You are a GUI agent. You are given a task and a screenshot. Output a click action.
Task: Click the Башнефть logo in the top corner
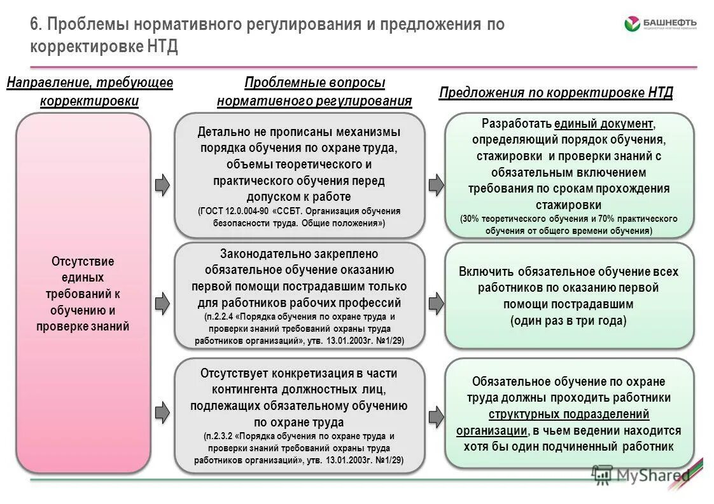pos(660,25)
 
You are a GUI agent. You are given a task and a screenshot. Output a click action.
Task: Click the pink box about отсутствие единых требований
pos(83,293)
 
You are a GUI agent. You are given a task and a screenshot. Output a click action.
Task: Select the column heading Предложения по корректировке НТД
pos(556,93)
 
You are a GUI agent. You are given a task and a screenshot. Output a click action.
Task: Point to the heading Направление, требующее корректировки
pos(90,92)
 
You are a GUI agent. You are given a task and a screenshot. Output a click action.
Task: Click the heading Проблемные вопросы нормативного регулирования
pos(314,92)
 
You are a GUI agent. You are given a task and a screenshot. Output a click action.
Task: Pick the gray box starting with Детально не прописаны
pos(299,175)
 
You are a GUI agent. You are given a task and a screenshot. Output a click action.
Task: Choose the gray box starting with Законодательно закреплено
pos(299,296)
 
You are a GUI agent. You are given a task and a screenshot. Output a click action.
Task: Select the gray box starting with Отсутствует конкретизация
pos(299,416)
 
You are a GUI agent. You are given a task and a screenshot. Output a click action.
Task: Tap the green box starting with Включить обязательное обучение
pos(569,296)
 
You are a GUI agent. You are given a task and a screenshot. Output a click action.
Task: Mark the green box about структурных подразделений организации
pos(569,413)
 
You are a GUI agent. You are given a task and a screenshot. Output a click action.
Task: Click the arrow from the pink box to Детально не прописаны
pos(163,184)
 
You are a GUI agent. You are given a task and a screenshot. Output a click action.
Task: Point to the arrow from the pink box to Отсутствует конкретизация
pos(163,413)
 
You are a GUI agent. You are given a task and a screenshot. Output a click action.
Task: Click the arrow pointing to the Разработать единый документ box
pos(436,184)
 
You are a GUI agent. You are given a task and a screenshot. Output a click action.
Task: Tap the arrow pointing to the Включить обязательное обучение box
pos(436,303)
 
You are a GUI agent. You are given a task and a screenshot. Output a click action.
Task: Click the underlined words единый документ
pos(603,123)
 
